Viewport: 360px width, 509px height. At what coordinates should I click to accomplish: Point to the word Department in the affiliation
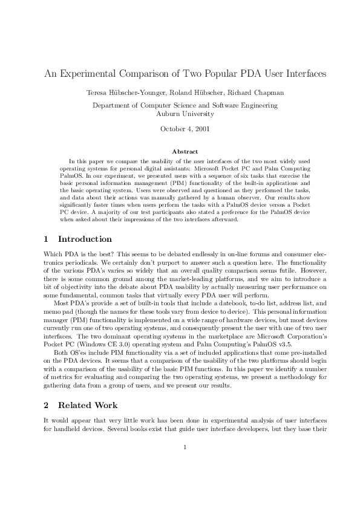point(111,105)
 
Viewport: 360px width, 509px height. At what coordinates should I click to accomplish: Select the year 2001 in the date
point(201,128)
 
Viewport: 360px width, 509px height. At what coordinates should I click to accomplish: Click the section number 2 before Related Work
point(47,405)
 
